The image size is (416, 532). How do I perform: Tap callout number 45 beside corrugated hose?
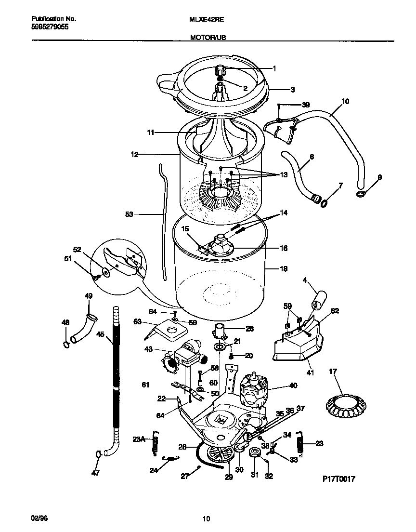100,333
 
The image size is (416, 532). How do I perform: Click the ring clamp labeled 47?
98,454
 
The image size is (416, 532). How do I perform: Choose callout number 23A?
139,439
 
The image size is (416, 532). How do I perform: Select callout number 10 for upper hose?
345,102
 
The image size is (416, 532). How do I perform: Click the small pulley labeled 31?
255,452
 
